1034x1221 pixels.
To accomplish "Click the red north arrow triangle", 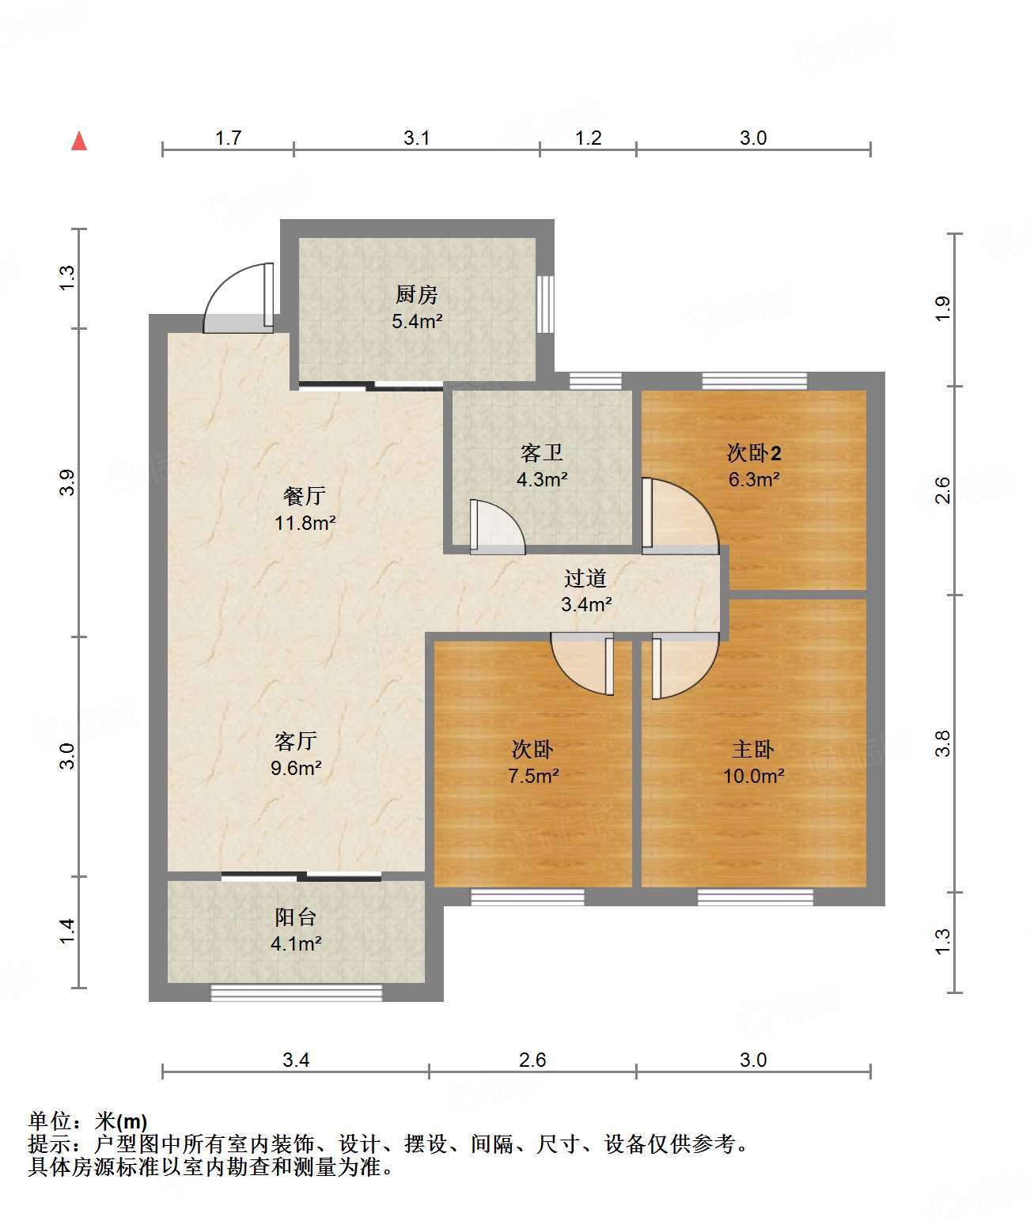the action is (79, 142).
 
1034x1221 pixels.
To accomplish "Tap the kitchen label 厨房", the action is (417, 294).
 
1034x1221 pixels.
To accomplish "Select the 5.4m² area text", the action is (417, 321).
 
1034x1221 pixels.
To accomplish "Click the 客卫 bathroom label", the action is (541, 452).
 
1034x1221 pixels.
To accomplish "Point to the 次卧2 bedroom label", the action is (753, 452).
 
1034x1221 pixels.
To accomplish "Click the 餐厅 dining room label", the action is (305, 496).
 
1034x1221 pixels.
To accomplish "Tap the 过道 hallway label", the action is (585, 578).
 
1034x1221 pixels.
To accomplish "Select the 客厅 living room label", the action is (295, 741).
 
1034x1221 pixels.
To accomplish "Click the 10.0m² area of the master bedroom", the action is (753, 776).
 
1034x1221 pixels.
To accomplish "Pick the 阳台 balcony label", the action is (295, 917).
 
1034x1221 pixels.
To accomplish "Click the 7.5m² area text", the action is (533, 776).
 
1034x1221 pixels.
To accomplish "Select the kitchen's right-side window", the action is (545, 304).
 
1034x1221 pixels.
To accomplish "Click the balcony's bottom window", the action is (296, 992).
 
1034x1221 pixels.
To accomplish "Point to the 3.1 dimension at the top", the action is (417, 138).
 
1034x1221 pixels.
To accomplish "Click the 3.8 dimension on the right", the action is (942, 743).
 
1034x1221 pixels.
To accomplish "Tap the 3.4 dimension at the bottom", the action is (295, 1060).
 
